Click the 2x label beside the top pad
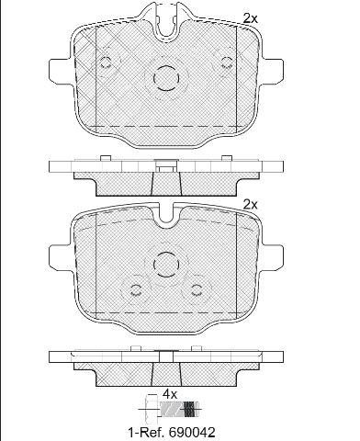pos(250,18)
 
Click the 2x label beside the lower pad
pos(250,204)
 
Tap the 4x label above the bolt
pos(170,394)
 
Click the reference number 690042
pos(192,432)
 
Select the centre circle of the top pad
pos(166,78)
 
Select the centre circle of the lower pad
pos(166,265)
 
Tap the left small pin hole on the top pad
pos(106,62)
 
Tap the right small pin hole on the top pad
pos(227,62)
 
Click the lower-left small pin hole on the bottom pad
pos(135,290)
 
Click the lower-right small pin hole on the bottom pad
pos(197,290)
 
